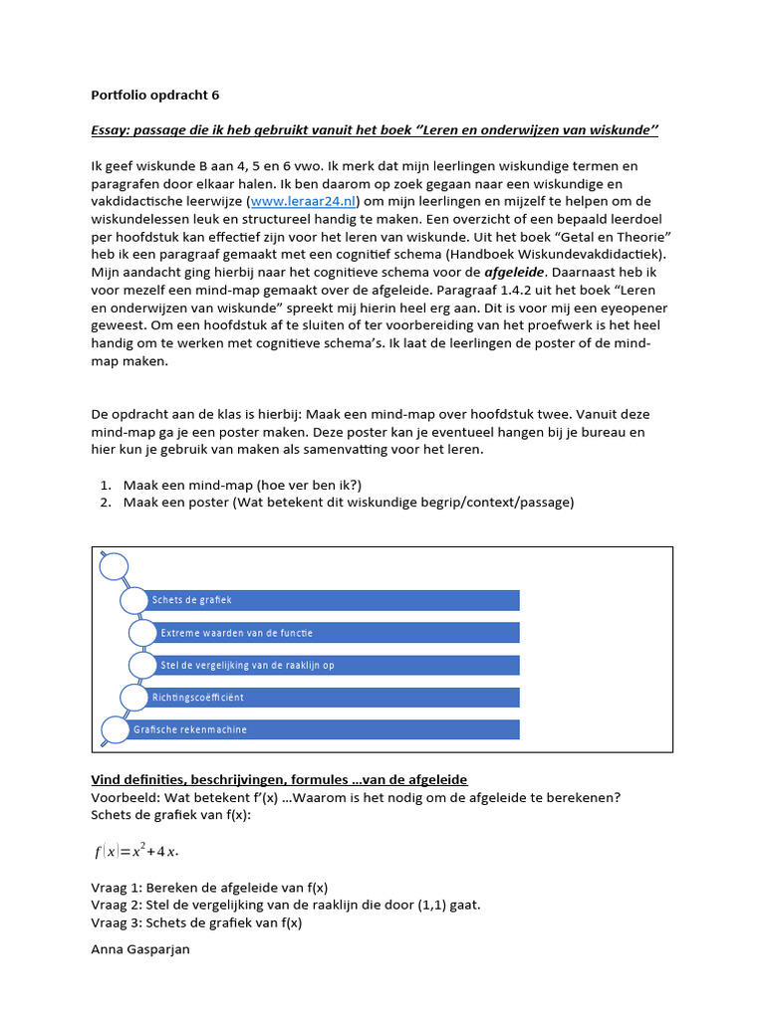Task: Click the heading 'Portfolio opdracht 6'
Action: click(x=154, y=96)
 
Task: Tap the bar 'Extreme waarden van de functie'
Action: click(x=339, y=633)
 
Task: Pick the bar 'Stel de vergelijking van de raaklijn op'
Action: click(x=339, y=665)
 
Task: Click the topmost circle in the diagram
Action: click(x=115, y=567)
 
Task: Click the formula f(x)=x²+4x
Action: click(x=136, y=851)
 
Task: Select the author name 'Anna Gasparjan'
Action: click(x=140, y=949)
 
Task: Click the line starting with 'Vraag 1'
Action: click(x=209, y=887)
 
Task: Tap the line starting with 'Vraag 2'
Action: click(x=285, y=905)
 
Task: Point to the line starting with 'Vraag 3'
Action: click(x=196, y=922)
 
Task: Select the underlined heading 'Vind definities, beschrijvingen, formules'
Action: click(x=280, y=779)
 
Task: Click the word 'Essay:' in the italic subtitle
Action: click(x=112, y=131)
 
